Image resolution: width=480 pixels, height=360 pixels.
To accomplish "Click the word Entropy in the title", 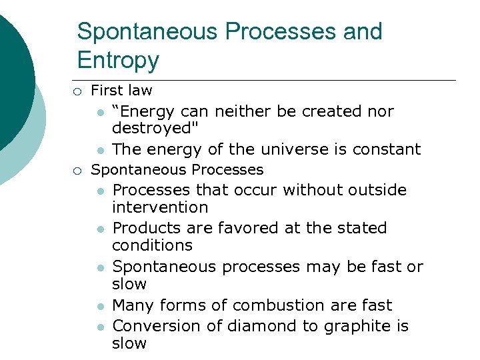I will coord(118,60).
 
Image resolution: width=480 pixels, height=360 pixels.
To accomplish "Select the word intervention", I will coord(160,207).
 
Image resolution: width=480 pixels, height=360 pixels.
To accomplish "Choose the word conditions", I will coord(152,245).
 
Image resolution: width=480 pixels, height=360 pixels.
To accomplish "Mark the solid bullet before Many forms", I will coord(99,306).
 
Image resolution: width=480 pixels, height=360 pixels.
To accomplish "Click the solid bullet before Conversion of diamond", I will coord(99,327).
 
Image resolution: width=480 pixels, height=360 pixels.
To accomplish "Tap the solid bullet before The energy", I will coord(99,149).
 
